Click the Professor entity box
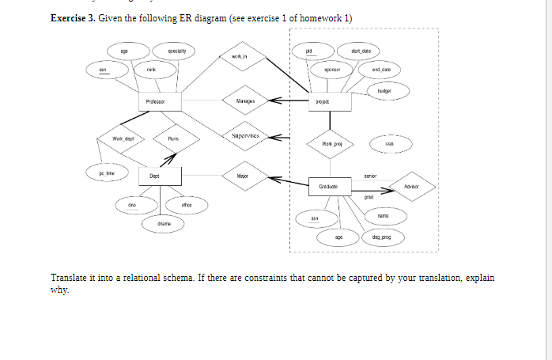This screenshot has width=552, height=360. tap(161, 102)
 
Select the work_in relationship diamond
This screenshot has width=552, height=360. tap(240, 57)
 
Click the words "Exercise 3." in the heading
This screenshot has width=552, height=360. tap(72, 19)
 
